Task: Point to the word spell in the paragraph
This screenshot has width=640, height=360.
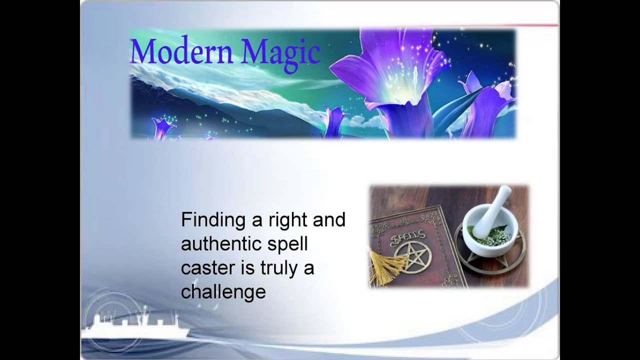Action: [292, 245]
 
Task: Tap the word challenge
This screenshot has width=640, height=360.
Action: [223, 292]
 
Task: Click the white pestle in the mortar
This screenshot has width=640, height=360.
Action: [492, 210]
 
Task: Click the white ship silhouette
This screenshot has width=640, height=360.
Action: [135, 327]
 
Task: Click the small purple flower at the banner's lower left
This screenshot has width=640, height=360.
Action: [164, 127]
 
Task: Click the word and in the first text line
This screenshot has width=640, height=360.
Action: [328, 220]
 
